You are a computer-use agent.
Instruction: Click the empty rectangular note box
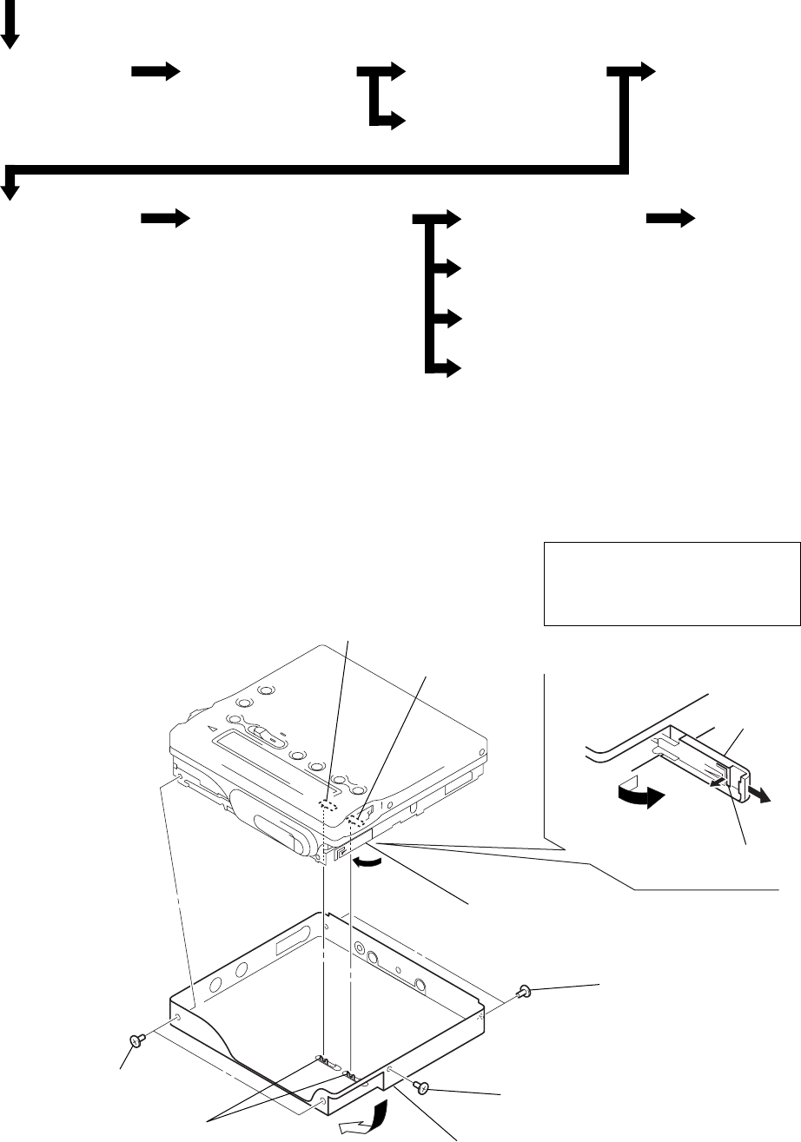click(672, 584)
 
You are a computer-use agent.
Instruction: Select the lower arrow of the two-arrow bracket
click(388, 122)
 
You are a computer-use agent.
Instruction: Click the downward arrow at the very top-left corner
click(11, 33)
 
